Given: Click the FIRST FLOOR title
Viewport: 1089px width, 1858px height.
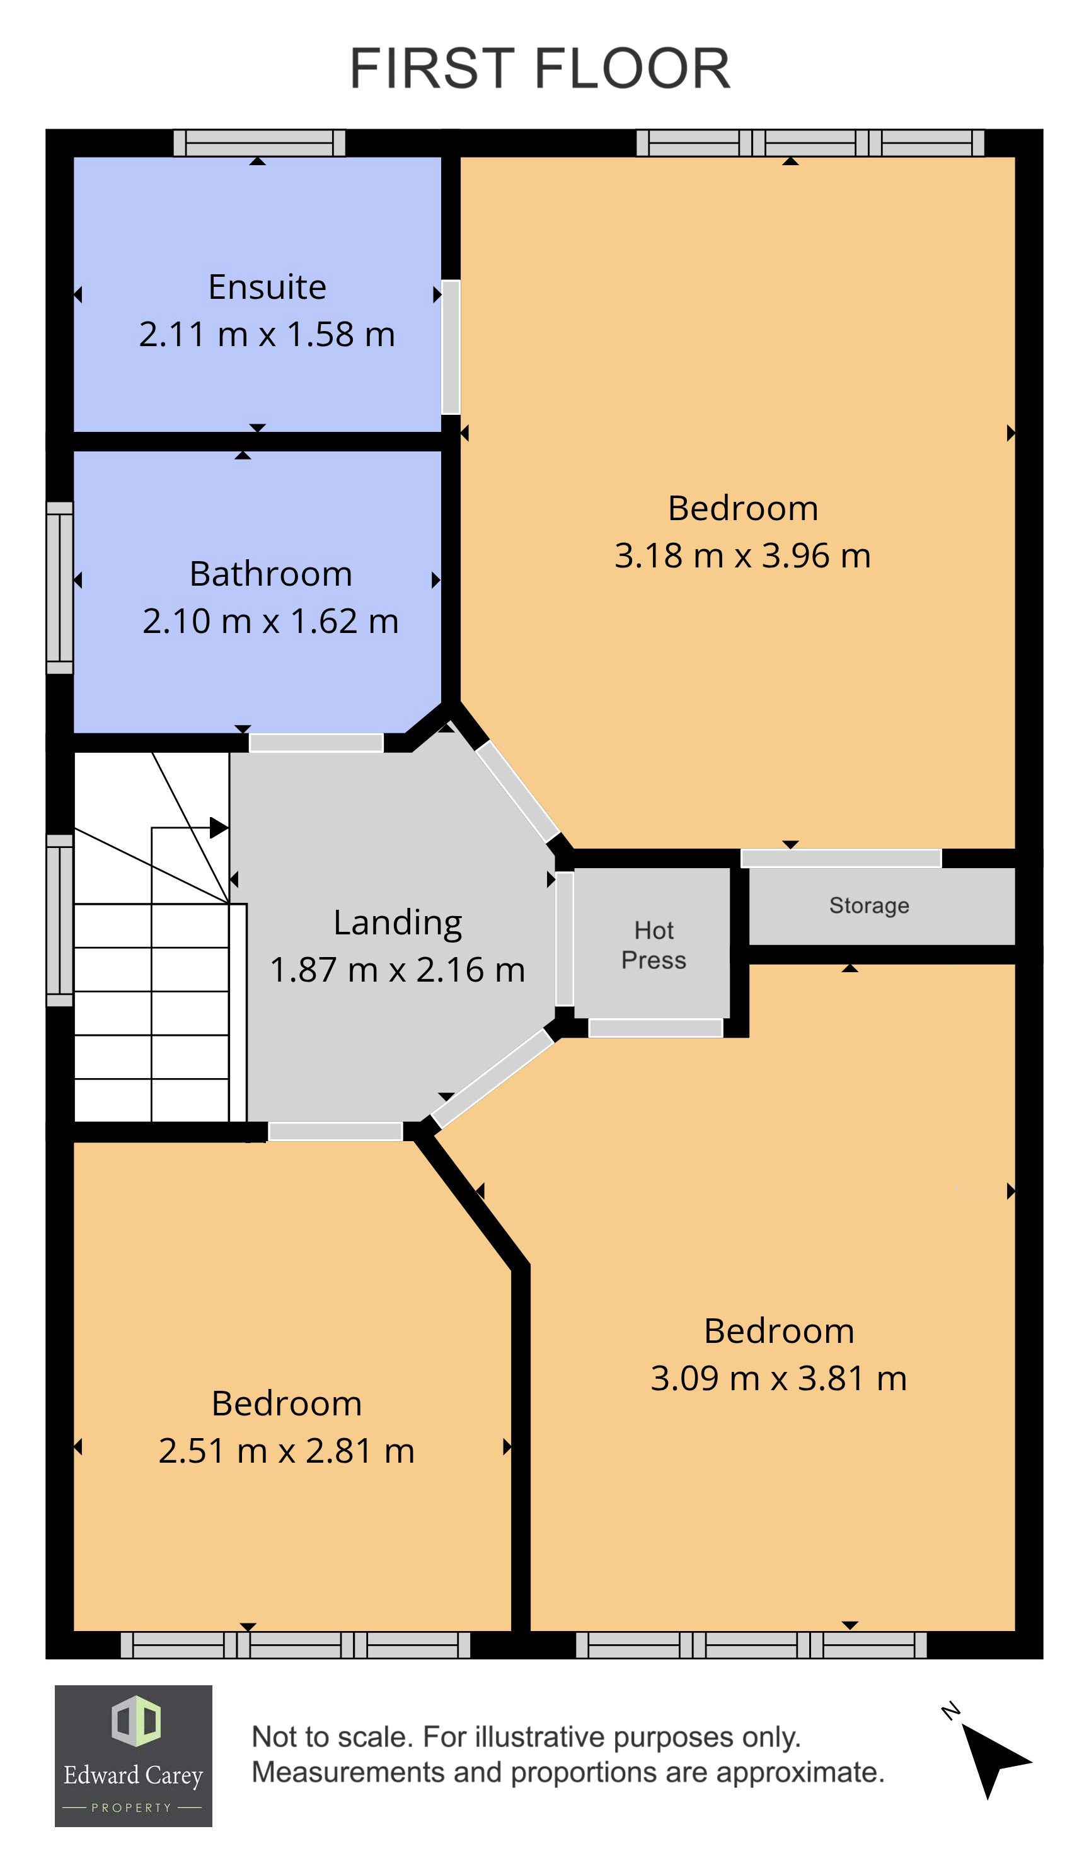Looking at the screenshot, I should pyautogui.click(x=539, y=69).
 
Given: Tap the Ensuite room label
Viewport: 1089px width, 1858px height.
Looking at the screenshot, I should pyautogui.click(x=267, y=287).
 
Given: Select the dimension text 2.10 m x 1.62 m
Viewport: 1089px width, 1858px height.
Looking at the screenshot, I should pyautogui.click(x=270, y=621).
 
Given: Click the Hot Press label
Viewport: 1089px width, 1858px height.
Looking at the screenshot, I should pyautogui.click(x=653, y=944).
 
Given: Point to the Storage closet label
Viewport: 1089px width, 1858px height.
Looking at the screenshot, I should pyautogui.click(x=868, y=905).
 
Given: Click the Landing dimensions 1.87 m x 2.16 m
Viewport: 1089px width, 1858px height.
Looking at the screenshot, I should pyautogui.click(x=397, y=970).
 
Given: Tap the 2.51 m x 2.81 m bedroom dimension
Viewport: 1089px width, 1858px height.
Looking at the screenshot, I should pyautogui.click(x=287, y=1450).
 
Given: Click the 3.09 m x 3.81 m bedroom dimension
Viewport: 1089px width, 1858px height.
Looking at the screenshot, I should pyautogui.click(x=778, y=1378).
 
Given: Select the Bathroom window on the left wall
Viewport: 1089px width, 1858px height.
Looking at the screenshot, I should pyautogui.click(x=60, y=588).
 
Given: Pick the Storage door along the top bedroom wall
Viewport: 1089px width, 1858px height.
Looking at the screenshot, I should pyautogui.click(x=840, y=857).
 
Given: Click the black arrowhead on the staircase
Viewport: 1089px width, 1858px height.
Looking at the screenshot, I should pyautogui.click(x=218, y=827).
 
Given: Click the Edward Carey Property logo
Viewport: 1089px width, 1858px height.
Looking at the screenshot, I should pyautogui.click(x=134, y=1755).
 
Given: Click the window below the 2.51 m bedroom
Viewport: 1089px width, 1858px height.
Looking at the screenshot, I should pyautogui.click(x=295, y=1644).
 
